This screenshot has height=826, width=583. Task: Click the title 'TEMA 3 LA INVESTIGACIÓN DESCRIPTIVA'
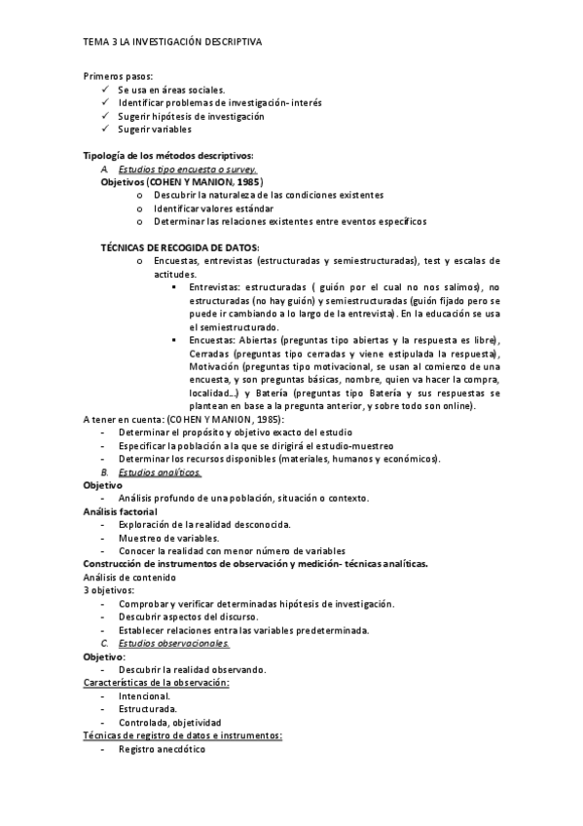pos(171,43)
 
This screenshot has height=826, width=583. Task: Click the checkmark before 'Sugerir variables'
pos(105,129)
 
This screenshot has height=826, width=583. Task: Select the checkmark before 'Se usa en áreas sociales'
pos(105,89)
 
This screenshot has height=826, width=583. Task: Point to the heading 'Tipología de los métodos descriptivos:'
pos(168,156)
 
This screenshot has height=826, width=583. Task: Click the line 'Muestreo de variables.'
pos(168,538)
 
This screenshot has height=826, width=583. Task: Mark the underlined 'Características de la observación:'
pos(156,683)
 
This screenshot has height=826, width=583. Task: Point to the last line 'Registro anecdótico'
pos(162,749)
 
